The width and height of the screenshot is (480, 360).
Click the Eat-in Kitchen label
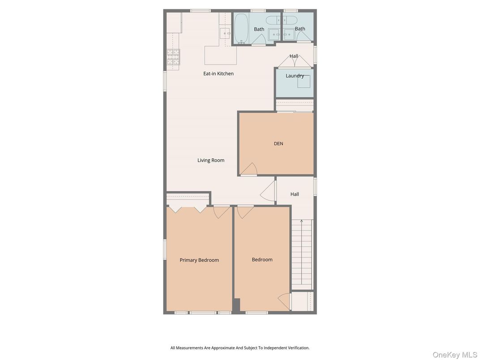tap(219, 74)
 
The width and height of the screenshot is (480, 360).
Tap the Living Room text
tap(211, 160)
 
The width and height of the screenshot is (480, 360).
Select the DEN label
tap(279, 144)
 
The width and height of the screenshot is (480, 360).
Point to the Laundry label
tap(295, 76)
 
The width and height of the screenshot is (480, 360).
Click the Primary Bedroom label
tap(199, 260)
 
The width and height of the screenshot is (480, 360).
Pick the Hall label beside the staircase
tap(295, 194)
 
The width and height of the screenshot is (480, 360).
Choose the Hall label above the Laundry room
tap(294, 56)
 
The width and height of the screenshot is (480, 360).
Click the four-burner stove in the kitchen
tap(173, 57)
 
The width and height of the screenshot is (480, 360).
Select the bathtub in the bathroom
tap(241, 28)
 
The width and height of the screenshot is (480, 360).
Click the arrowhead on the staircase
tap(301, 221)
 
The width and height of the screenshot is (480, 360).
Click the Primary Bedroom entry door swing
tap(221, 211)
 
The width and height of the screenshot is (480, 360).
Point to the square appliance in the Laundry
tap(304, 81)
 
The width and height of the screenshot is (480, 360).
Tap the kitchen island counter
tap(220, 56)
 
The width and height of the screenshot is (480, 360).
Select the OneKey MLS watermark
tap(455, 355)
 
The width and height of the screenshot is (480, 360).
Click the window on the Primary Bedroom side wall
tap(165, 249)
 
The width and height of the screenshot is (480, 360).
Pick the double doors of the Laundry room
tap(294, 62)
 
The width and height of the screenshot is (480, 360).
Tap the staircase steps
tap(301, 255)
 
